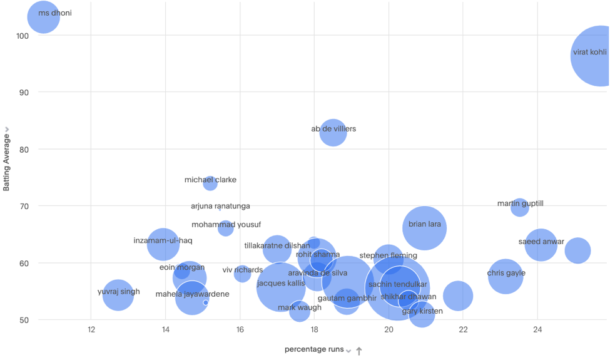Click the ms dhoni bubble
pyautogui.click(x=42, y=17)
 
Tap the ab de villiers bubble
pyautogui.click(x=333, y=132)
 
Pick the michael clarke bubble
pyautogui.click(x=210, y=183)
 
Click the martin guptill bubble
pyautogui.click(x=520, y=207)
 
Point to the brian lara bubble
pyautogui.click(x=424, y=228)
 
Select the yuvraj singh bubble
pyautogui.click(x=118, y=294)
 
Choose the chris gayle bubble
pyautogui.click(x=506, y=276)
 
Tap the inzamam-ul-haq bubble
pyautogui.click(x=163, y=244)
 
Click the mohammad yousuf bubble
pyautogui.click(x=226, y=228)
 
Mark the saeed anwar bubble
pyautogui.click(x=541, y=245)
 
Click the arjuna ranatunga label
pyautogui.click(x=220, y=206)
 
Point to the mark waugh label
pyautogui.click(x=300, y=307)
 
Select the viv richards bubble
pyautogui.click(x=242, y=273)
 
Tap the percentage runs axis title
pyautogui.click(x=314, y=349)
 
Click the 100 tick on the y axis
pyautogui.click(x=22, y=36)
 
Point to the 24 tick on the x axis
pyautogui.click(x=537, y=330)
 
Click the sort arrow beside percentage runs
pyautogui.click(x=359, y=351)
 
